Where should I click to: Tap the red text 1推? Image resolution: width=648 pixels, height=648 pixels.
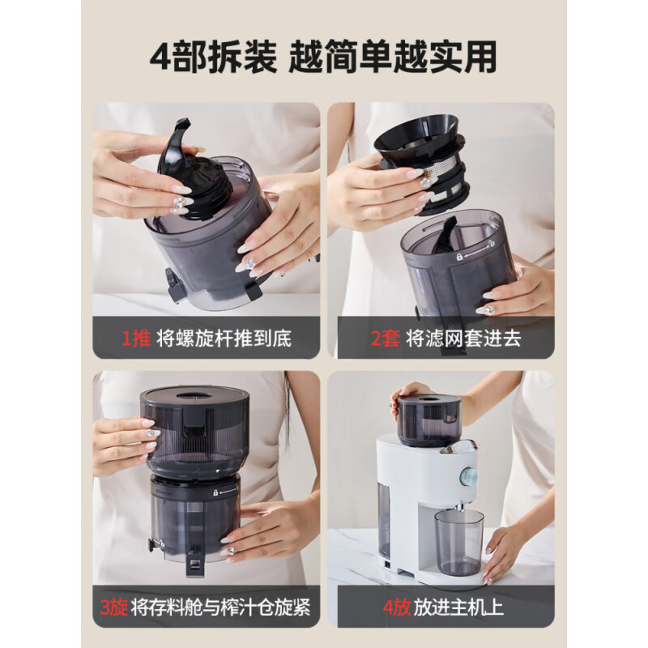(137, 338)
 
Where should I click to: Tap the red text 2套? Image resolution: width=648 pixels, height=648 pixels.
(386, 338)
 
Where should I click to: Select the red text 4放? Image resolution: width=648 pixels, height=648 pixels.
(386, 607)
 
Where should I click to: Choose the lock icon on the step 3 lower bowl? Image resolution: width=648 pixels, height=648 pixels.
(215, 492)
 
